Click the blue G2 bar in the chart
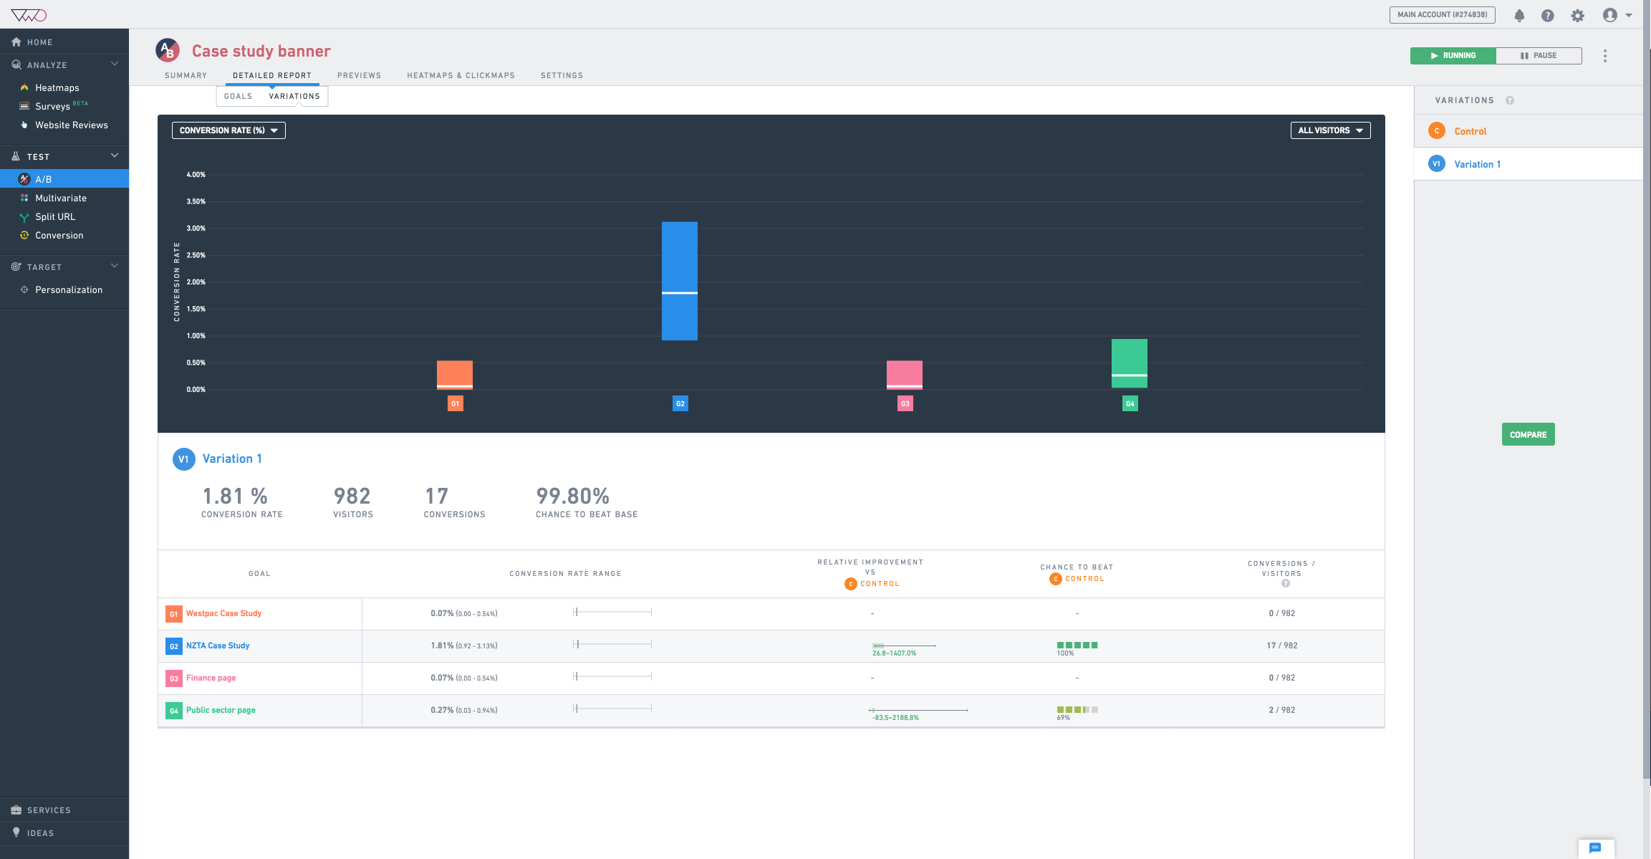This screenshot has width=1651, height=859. pos(679,280)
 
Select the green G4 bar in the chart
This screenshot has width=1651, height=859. pos(1129,363)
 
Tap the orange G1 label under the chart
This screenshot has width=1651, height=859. pos(455,404)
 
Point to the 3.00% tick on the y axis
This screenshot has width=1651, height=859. pos(196,229)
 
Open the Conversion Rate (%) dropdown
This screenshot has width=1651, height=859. pos(228,130)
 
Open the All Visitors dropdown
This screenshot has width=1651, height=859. pos(1330,130)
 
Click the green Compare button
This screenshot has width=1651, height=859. pos(1528,435)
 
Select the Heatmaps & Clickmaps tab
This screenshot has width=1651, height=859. pos(461,75)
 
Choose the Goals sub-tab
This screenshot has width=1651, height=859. pos(238,96)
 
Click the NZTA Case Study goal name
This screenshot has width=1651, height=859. pos(218,646)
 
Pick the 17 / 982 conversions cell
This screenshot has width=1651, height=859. pos(1281,646)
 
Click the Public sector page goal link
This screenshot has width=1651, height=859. pos(221,710)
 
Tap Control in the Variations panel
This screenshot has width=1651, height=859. pos(1470,131)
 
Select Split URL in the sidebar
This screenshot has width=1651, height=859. pos(55,216)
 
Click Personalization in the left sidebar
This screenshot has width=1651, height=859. pos(69,289)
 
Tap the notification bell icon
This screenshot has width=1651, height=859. pos(1519,15)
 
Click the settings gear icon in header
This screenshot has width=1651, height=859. pos(1577,15)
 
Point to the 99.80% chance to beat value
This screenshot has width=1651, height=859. pos(572,496)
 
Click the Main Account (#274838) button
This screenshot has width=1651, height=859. pos(1442,14)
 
